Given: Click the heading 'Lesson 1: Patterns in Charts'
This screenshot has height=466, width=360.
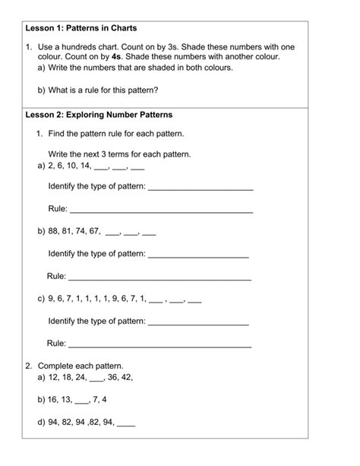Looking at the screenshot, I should [81, 27].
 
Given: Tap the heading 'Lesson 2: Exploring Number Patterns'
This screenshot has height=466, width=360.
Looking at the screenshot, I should [99, 115].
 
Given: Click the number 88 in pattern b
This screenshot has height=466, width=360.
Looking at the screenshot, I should [53, 231].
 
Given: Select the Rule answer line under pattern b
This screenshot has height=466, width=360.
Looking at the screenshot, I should [159, 277].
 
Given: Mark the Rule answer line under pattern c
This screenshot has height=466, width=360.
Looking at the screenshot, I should [159, 345].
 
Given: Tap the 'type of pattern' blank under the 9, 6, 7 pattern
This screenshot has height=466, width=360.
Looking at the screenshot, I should [198, 322].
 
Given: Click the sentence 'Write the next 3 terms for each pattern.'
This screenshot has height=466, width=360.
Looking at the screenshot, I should [119, 154].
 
